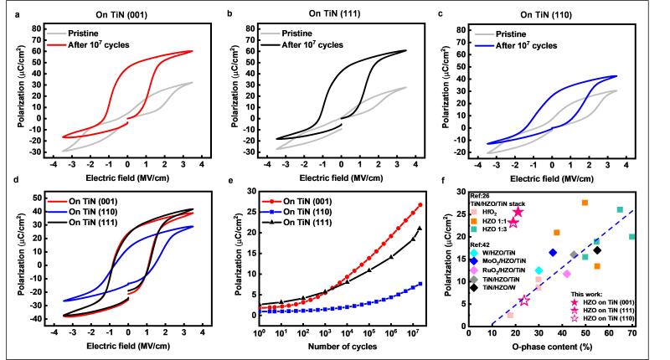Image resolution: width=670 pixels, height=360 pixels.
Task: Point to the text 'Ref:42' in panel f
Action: pyautogui.click(x=481, y=243)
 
